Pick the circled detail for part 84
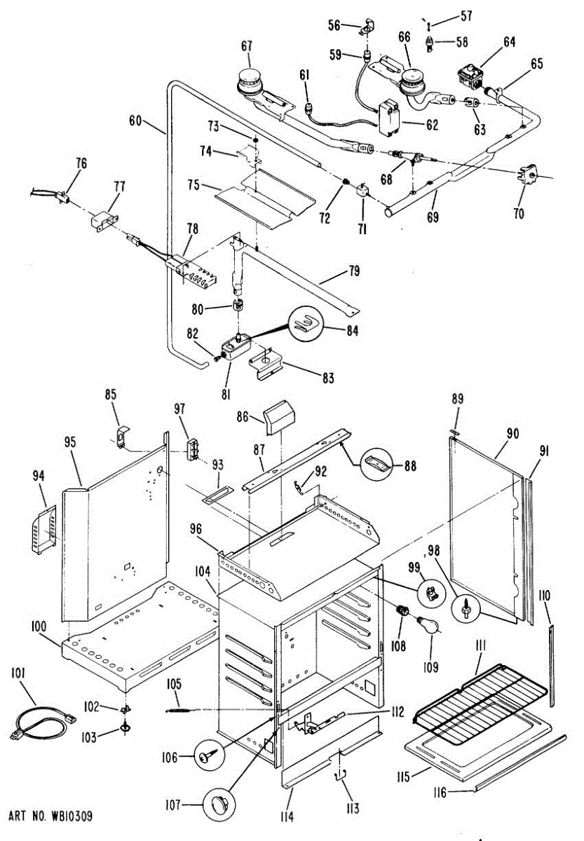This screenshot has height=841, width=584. coord(306,325)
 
